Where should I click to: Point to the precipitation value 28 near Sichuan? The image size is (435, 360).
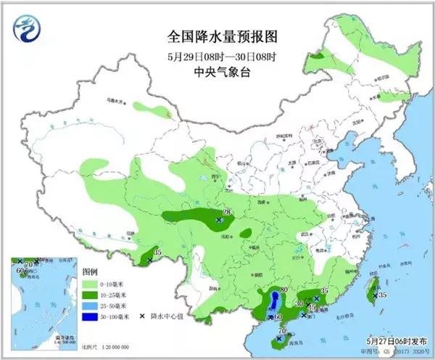coord(226,212)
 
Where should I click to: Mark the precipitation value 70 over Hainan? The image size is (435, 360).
coord(283,332)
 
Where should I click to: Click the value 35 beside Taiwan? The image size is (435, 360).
coord(383,295)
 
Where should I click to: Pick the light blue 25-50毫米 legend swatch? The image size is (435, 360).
coord(89,306)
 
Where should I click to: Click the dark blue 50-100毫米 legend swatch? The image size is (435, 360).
coord(89,317)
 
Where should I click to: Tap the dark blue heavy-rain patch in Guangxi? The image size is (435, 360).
coord(273,302)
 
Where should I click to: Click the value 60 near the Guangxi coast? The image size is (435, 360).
coord(279,316)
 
